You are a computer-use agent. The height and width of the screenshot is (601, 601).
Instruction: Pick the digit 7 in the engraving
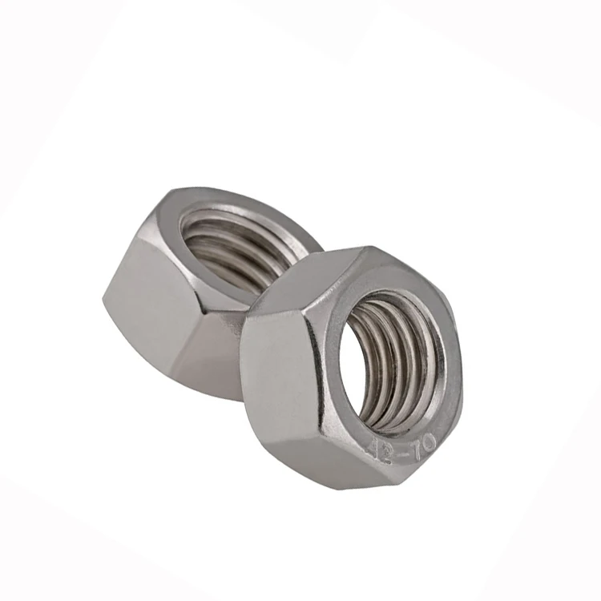click(x=414, y=443)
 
